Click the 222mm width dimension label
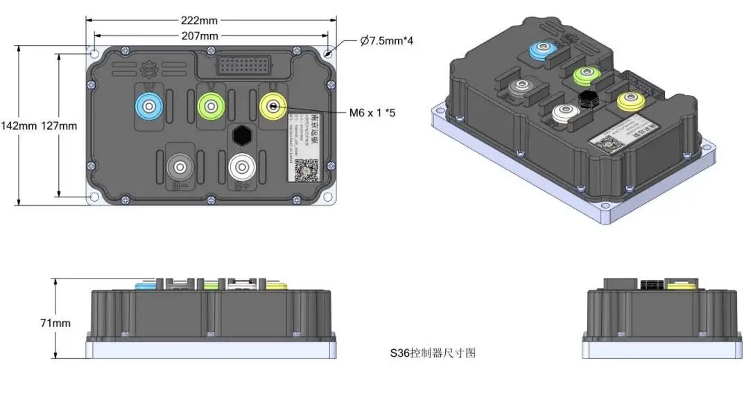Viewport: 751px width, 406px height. pyautogui.click(x=200, y=20)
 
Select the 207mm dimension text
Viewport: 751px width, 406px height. pyautogui.click(x=200, y=35)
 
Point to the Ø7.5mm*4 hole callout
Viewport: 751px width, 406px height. pyautogui.click(x=387, y=41)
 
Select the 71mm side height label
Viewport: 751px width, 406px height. pyautogui.click(x=55, y=323)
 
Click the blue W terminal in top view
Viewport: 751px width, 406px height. pyautogui.click(x=148, y=106)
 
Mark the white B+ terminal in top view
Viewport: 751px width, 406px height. pyautogui.click(x=241, y=167)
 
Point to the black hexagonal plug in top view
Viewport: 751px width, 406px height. pyautogui.click(x=242, y=134)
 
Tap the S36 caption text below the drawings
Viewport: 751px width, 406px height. pyautogui.click(x=432, y=353)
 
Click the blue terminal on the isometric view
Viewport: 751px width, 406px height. pyautogui.click(x=542, y=49)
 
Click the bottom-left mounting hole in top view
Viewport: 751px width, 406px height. pyautogui.click(x=94, y=197)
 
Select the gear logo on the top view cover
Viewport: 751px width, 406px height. pyautogui.click(x=147, y=69)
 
